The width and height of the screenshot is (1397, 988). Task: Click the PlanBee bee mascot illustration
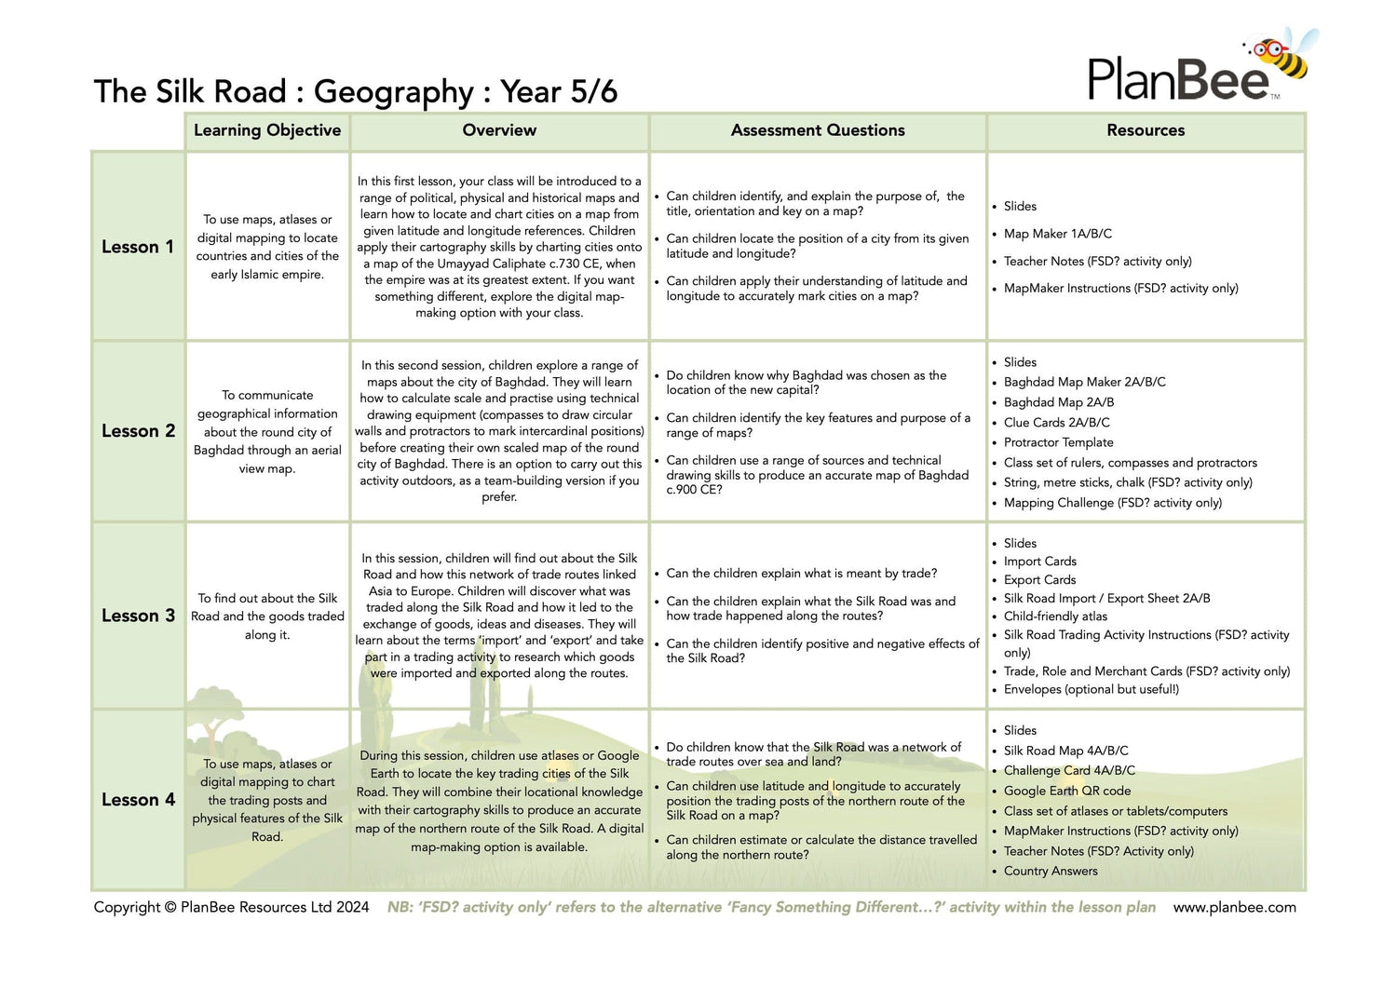coord(1285,58)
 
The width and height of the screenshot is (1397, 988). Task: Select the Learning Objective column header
coord(267,130)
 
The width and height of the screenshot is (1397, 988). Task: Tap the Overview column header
coord(499,130)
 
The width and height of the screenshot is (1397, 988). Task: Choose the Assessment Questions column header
coord(818,130)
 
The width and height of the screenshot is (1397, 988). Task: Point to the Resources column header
coord(1146,130)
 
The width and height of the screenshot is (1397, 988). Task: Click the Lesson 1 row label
coord(138,247)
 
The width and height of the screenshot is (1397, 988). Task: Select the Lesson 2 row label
coord(138,431)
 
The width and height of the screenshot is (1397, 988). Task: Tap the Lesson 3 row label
coord(138,616)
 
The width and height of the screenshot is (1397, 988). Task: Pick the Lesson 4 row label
coord(138,800)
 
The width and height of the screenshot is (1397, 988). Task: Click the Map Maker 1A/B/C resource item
coord(1057,234)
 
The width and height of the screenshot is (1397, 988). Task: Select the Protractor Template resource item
coord(1058,442)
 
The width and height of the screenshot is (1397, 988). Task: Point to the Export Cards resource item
coord(1039,579)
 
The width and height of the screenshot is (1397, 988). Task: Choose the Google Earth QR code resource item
coord(1067,791)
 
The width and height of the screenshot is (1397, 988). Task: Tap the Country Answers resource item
coord(1051,871)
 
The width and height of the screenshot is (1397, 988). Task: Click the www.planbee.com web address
coord(1234,907)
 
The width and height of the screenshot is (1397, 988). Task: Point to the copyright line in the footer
coord(231,907)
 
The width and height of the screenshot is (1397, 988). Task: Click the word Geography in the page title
coord(394,92)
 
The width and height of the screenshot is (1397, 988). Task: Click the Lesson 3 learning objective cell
coord(267,616)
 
